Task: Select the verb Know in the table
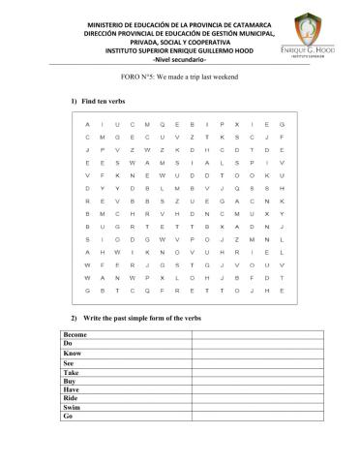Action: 73,355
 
